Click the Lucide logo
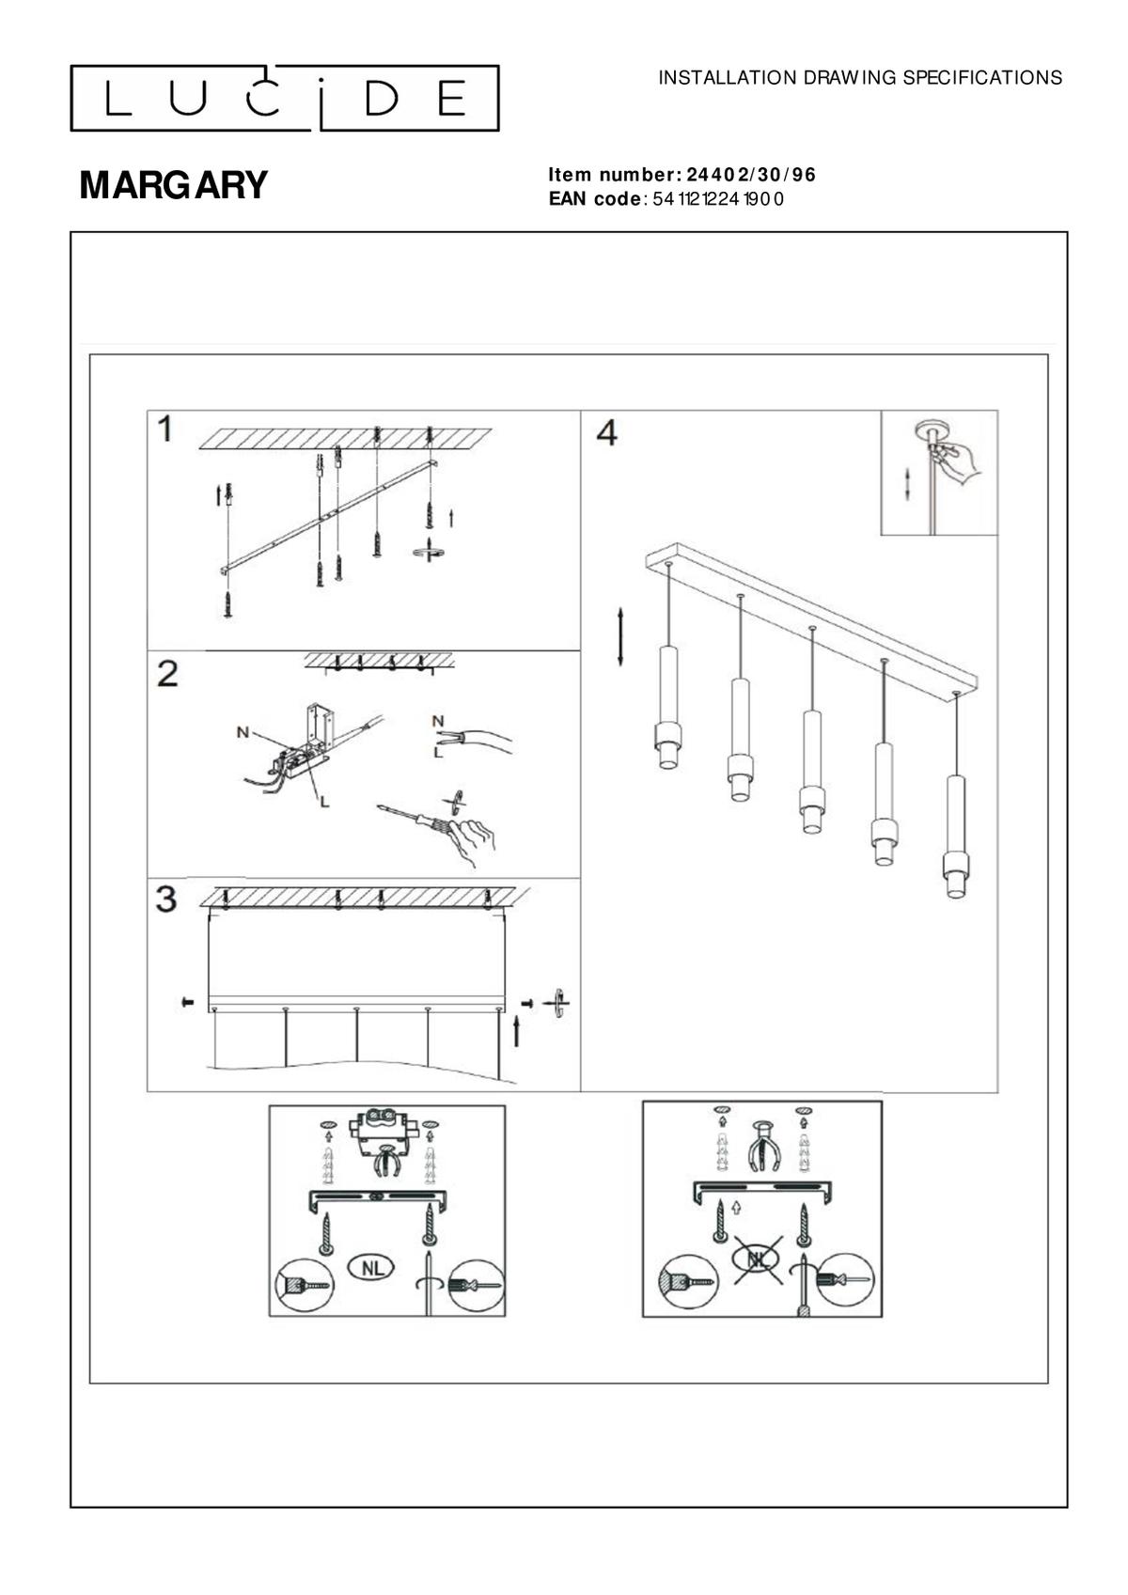tap(284, 98)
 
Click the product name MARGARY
tap(174, 185)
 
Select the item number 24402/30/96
tap(751, 175)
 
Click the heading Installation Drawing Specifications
tap(860, 78)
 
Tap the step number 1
tap(165, 430)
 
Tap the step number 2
tap(167, 673)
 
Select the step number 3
tap(166, 899)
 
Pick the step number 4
tap(607, 432)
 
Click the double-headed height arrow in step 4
tap(620, 636)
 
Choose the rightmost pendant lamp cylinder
tap(956, 837)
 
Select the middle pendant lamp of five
tap(811, 771)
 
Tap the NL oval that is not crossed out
tap(373, 1267)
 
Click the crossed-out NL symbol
tap(758, 1258)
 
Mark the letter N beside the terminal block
tap(243, 731)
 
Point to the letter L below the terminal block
tap(324, 802)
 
